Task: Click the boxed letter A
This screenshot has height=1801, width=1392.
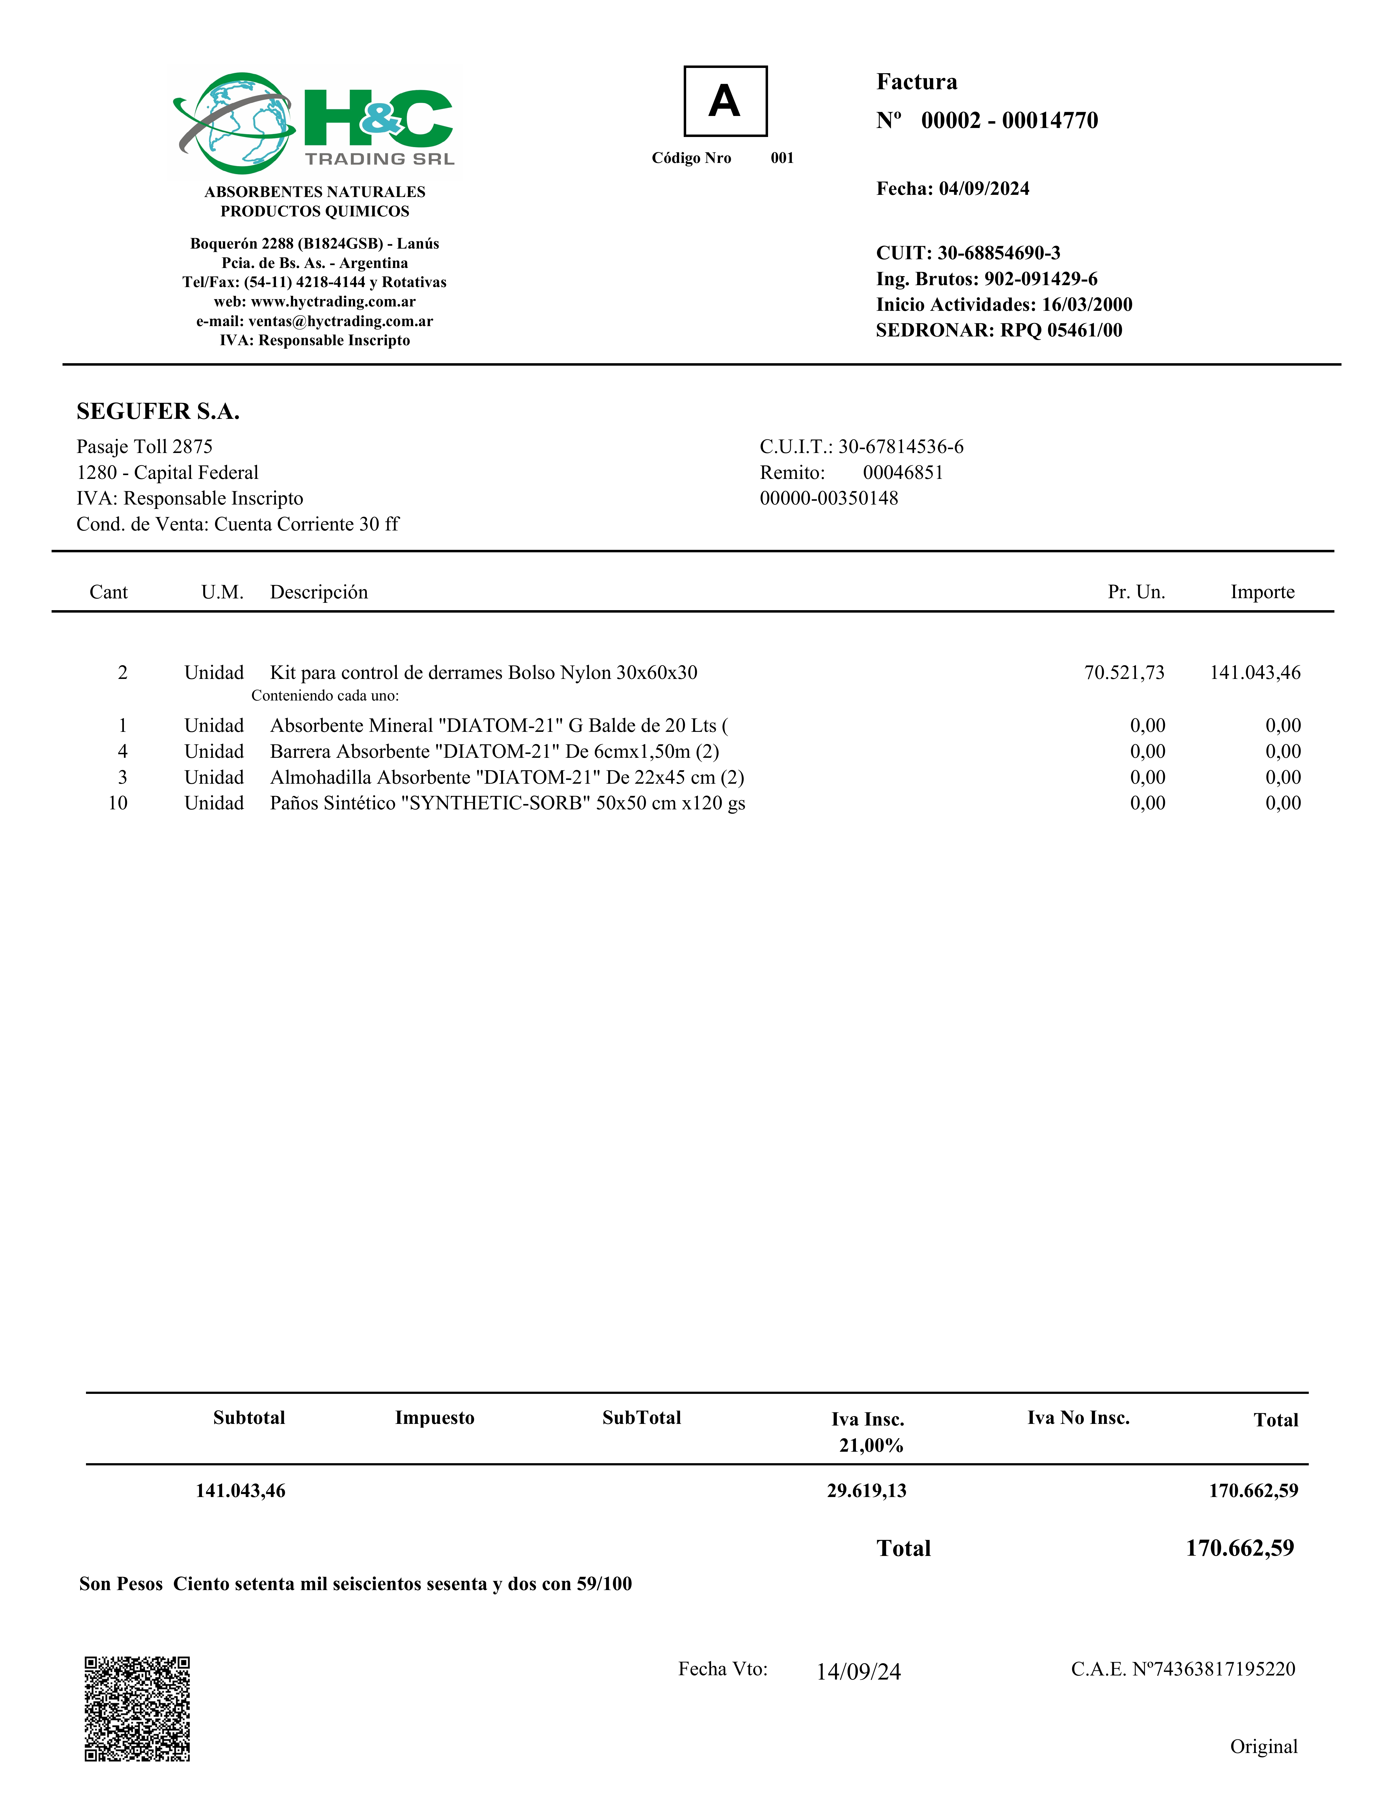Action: coord(725,102)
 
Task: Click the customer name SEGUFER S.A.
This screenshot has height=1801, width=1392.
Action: coord(157,412)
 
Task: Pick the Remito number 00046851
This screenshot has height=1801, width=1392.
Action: coord(902,473)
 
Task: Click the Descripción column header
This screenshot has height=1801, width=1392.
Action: coord(318,592)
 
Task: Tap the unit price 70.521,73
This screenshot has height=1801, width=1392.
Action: coord(1124,673)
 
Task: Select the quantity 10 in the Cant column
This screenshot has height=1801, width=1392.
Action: coord(118,803)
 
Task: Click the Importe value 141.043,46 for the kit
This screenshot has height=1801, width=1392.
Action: coord(1254,673)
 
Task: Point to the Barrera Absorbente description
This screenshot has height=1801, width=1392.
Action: coord(494,751)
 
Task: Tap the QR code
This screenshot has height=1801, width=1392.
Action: coord(137,1709)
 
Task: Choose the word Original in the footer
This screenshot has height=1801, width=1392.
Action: coord(1263,1747)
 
